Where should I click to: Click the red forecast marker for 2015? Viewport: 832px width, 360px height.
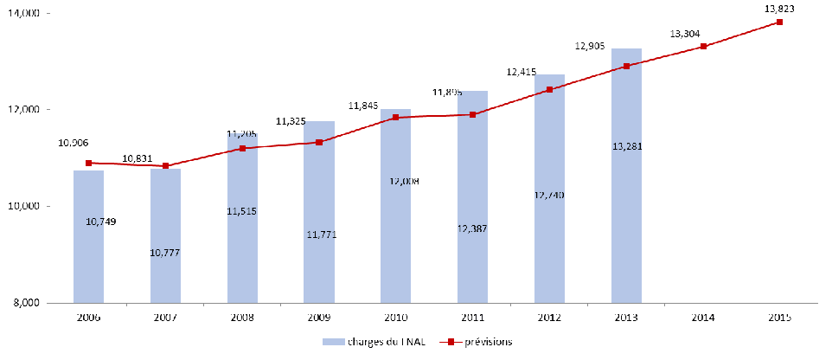[779, 22]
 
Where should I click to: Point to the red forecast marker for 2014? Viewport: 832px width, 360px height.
[703, 47]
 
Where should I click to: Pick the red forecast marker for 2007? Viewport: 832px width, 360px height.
[165, 166]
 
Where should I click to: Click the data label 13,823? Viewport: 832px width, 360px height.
[779, 9]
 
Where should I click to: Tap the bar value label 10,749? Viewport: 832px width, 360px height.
[100, 222]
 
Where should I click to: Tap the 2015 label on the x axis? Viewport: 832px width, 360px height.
[779, 318]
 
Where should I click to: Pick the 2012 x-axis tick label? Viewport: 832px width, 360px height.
[549, 318]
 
